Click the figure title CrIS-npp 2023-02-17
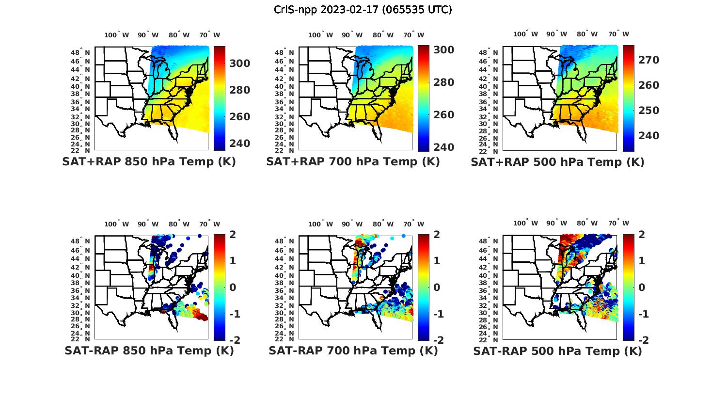pyautogui.click(x=363, y=10)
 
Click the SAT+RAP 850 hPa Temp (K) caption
pyautogui.click(x=149, y=162)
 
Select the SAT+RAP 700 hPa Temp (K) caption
pyautogui.click(x=353, y=162)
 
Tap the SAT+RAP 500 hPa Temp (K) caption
pyautogui.click(x=557, y=162)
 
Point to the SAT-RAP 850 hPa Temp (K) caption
pyautogui.click(x=149, y=351)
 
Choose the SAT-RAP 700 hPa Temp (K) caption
pyautogui.click(x=353, y=351)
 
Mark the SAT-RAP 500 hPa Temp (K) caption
pyautogui.click(x=557, y=351)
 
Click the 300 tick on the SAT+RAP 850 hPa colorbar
pyautogui.click(x=240, y=64)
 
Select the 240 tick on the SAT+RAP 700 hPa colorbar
pyautogui.click(x=443, y=147)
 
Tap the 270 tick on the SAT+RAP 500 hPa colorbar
pyautogui.click(x=648, y=60)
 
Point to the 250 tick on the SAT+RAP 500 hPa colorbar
pyautogui.click(x=648, y=110)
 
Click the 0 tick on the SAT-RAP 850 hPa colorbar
pyautogui.click(x=233, y=287)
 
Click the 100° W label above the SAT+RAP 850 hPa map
pyautogui.click(x=116, y=35)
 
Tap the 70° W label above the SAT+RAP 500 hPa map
pyautogui.click(x=618, y=34)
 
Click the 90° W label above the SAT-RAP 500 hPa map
pyautogui.click(x=557, y=223)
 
